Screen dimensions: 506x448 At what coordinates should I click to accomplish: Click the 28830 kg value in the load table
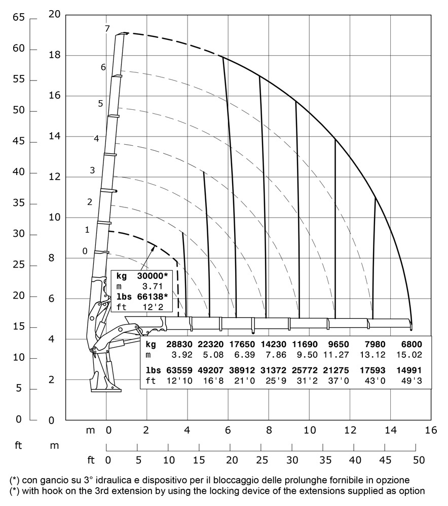coord(179,344)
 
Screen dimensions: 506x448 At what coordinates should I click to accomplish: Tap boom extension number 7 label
coord(107,29)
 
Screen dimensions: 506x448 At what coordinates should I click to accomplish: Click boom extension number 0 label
coord(85,250)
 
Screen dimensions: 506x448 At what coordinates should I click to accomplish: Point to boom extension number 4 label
coord(96,138)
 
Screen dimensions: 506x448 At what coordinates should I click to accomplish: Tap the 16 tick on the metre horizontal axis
coord(431,430)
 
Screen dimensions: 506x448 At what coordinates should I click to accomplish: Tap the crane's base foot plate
coord(106,390)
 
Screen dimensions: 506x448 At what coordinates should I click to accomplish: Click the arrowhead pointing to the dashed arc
coord(155,246)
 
